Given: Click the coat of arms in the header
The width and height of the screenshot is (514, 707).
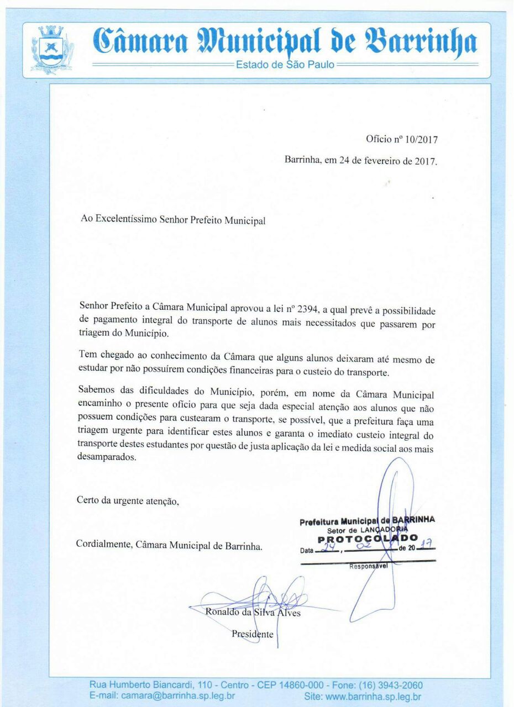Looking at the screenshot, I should (53, 50).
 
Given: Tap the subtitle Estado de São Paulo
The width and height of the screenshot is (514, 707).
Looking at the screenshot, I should (285, 65).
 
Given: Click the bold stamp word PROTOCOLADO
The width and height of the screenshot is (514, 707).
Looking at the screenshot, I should (368, 539).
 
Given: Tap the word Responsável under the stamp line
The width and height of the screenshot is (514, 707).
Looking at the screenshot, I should (369, 566).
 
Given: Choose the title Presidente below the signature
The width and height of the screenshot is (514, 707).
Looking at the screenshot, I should (252, 634).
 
